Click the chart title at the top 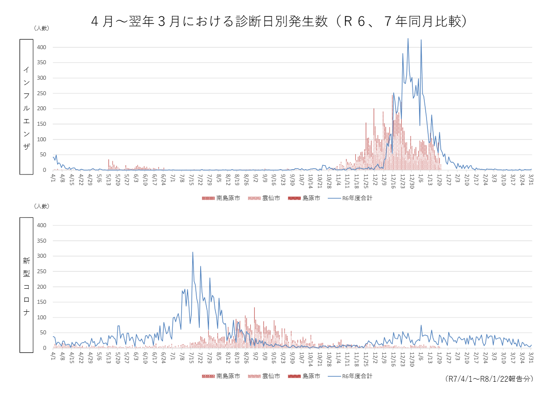click(x=279, y=21)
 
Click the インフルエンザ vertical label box click(x=27, y=107)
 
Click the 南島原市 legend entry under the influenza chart click(x=221, y=198)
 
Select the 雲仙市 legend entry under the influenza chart click(x=264, y=198)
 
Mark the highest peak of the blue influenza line click(x=408, y=39)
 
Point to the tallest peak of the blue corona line click(x=193, y=252)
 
